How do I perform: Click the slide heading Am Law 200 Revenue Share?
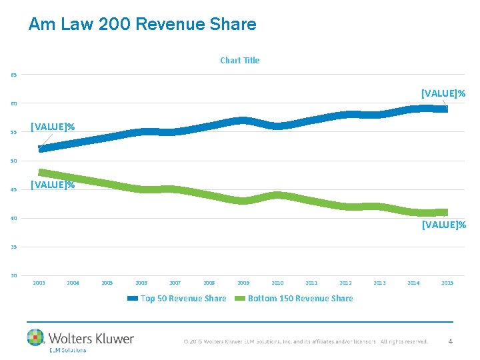142,25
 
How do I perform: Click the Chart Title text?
240,60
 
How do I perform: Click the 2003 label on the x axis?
39,283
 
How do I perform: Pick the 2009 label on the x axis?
243,283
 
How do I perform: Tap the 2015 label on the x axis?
447,283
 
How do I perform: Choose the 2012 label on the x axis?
345,283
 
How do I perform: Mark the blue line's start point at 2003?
41,149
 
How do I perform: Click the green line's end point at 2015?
445,213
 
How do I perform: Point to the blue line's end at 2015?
445,109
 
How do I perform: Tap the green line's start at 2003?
41,172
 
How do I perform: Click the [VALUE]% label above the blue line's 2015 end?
443,93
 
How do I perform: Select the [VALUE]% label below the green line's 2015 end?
443,225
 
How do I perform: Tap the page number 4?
450,341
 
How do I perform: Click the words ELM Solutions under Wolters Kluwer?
67,350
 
